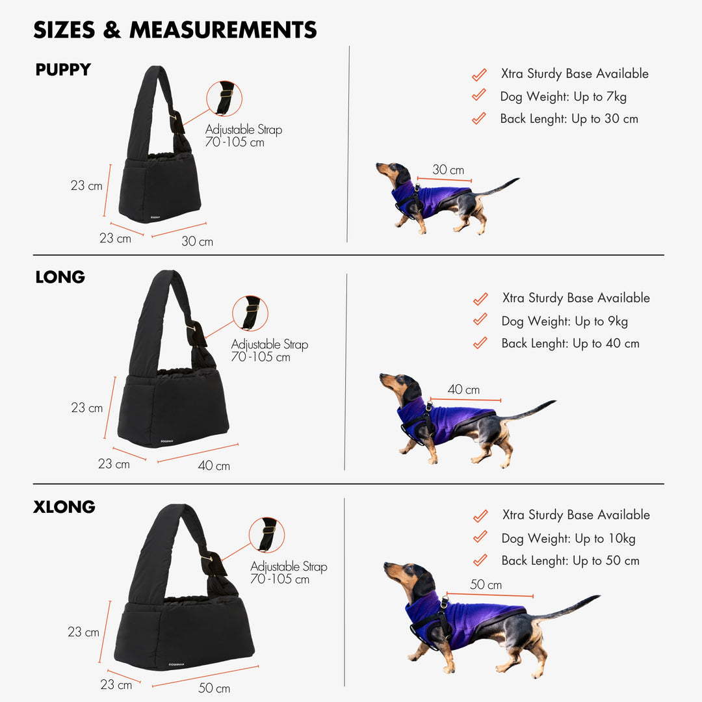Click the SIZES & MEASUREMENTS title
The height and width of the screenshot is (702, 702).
175,30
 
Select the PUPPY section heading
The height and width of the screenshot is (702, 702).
63,70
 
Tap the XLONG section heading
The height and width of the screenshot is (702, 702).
64,507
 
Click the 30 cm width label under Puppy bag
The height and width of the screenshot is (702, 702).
198,241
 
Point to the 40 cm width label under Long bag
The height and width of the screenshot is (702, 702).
214,465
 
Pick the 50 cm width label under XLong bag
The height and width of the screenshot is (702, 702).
214,688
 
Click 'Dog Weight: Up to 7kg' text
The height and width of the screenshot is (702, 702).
563,97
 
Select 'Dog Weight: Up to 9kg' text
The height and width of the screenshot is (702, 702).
565,322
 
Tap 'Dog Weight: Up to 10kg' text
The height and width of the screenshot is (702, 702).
568,539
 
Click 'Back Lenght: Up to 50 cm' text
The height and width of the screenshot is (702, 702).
571,560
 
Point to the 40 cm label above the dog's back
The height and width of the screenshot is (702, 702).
463,389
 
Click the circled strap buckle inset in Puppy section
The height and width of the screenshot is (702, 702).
224,99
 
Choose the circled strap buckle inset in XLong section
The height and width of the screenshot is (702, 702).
267,535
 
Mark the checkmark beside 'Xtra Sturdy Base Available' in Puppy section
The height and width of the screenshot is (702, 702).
479,74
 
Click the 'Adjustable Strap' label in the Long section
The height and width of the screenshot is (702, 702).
270,344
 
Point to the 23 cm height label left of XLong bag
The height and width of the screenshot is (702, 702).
83,632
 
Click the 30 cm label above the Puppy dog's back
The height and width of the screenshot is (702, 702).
448,170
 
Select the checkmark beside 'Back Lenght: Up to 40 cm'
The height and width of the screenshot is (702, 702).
480,343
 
